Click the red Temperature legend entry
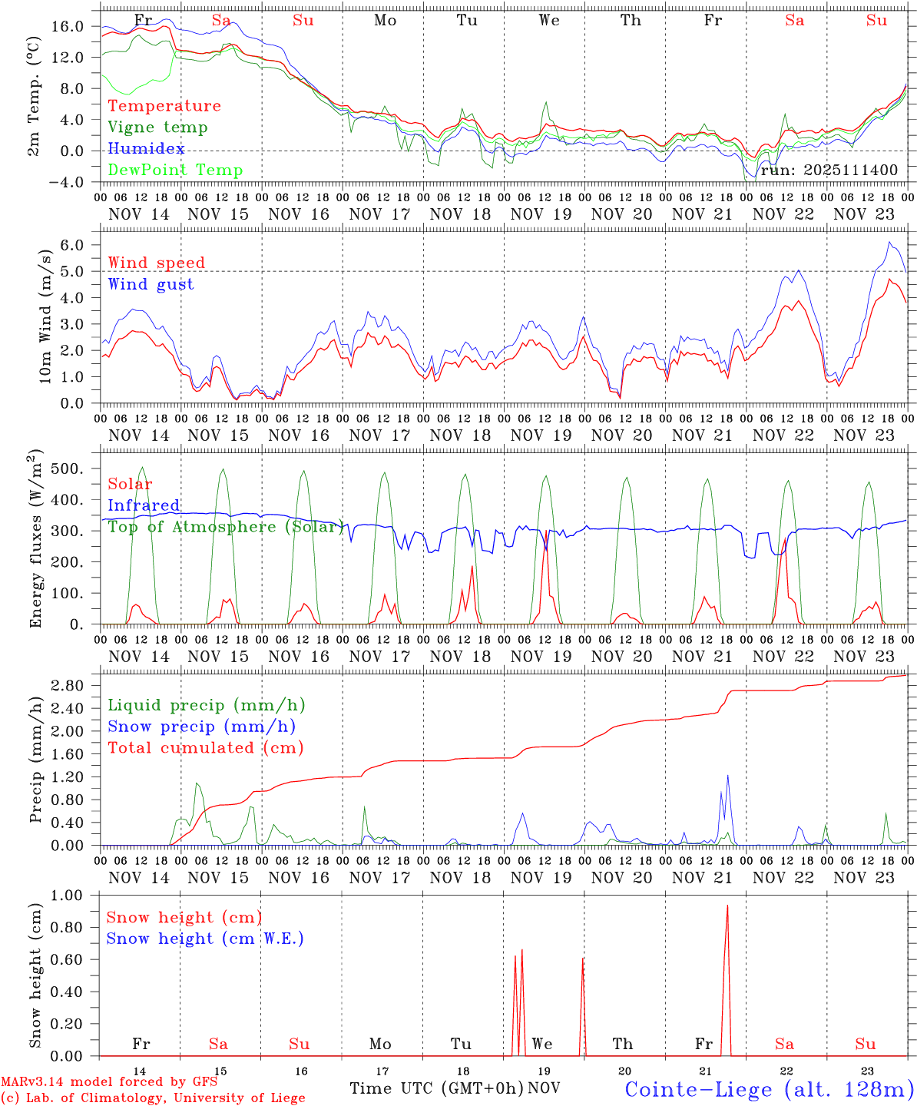(x=164, y=106)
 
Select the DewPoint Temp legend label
(x=175, y=171)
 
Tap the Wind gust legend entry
(x=151, y=284)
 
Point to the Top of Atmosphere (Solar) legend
(x=225, y=527)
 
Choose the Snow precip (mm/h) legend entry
(x=201, y=727)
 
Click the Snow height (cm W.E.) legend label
(x=204, y=939)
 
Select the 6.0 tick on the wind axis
(x=81, y=245)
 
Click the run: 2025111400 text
(x=829, y=171)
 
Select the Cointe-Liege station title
(x=769, y=1089)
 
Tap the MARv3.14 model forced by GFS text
(x=108, y=1082)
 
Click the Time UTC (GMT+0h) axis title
(x=436, y=1088)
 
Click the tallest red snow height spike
(x=727, y=906)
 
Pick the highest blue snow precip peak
(x=727, y=777)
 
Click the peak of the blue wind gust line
(x=889, y=243)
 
